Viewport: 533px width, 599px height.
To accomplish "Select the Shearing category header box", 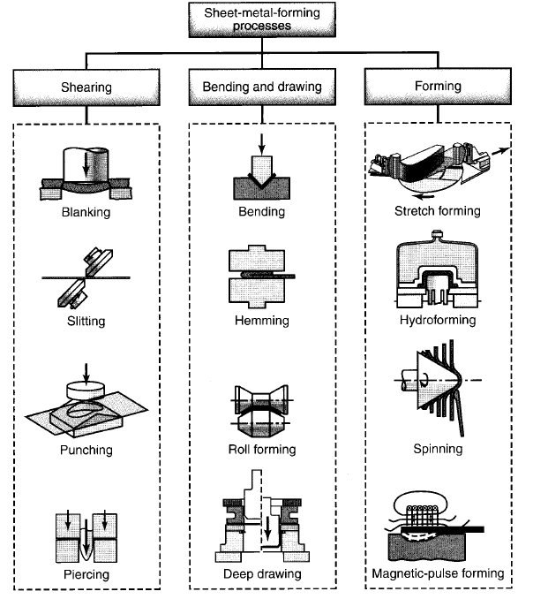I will coord(86,87).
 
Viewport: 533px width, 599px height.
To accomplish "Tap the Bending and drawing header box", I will coord(262,87).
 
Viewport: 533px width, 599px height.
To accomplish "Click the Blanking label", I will coord(86,212).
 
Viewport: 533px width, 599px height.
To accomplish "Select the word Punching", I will coord(86,451).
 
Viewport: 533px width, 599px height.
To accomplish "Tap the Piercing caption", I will coord(86,574).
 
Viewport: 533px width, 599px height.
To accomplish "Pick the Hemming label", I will coord(262,322).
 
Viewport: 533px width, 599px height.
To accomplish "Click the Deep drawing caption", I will coord(262,574).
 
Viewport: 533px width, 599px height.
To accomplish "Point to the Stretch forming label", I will coord(439,212).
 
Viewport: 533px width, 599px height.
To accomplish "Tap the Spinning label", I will coord(439,449).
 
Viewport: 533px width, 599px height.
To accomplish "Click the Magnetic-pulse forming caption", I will coord(439,574).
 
